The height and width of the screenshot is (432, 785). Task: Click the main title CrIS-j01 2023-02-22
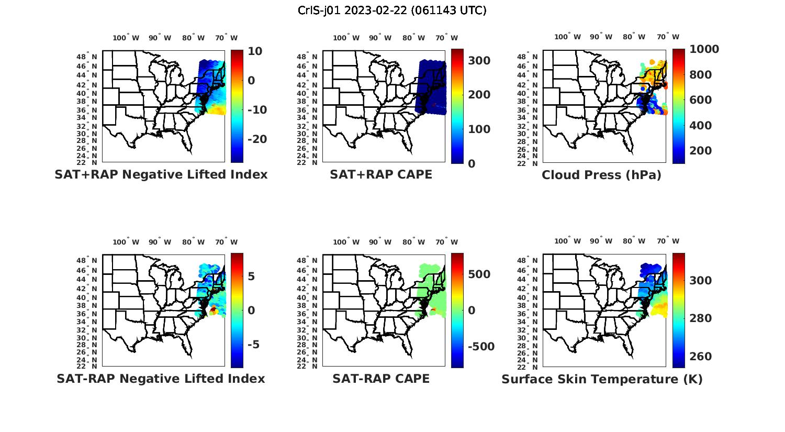point(392,10)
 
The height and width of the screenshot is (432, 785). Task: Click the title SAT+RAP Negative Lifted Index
point(161,174)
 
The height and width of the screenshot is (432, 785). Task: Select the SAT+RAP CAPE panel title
point(381,174)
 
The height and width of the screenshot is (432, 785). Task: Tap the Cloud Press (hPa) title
point(601,175)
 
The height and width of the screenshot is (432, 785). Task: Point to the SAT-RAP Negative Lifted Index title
point(161,379)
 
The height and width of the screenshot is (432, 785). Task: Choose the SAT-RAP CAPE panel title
point(381,379)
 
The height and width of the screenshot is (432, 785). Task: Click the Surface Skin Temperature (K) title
point(602,379)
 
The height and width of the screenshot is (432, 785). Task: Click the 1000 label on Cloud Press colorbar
point(704,49)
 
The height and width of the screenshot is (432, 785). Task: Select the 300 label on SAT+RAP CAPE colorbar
point(479,61)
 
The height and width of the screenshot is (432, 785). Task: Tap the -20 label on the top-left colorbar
point(256,139)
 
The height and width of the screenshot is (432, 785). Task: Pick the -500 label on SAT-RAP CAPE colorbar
point(481,347)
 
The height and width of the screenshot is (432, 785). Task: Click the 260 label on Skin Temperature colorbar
point(701,357)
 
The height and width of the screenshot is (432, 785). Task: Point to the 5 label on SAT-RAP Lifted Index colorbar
point(252,276)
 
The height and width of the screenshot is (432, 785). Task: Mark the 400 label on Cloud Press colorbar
point(701,126)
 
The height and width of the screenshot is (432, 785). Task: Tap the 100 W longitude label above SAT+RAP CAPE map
point(346,38)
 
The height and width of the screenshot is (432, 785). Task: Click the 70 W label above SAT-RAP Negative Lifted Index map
point(226,242)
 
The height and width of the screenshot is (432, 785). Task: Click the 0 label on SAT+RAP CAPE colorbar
point(472,163)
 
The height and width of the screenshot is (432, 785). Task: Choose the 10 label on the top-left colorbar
point(255,51)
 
